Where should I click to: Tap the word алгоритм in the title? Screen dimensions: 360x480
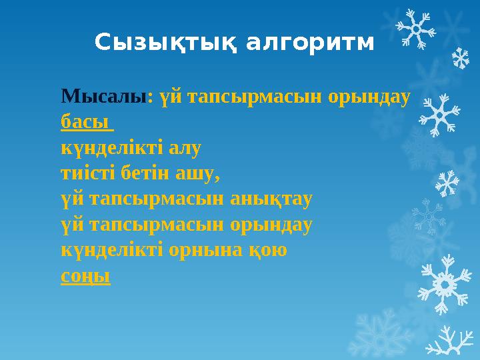point(310,43)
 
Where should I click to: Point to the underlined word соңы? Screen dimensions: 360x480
point(85,275)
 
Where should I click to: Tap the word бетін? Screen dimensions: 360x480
point(145,174)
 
